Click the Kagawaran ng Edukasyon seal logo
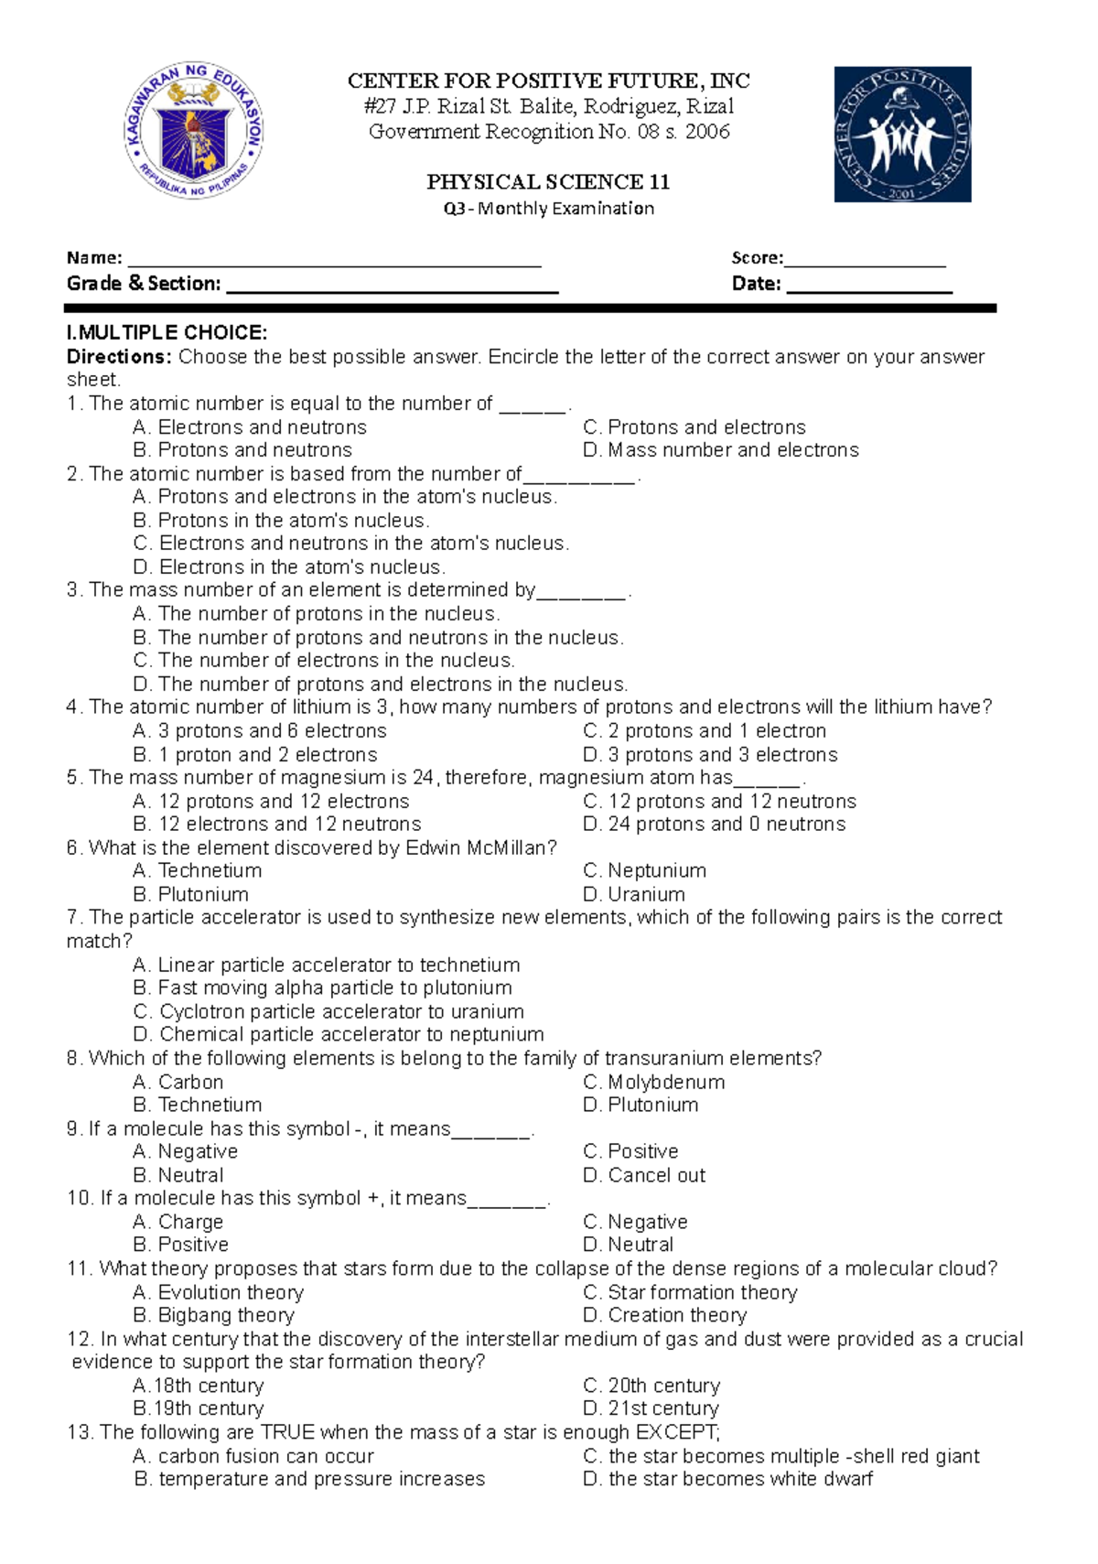194,130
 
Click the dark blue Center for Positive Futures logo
902,135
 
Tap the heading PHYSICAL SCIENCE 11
548,182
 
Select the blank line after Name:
334,259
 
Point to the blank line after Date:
869,285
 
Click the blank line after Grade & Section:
392,285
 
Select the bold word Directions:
119,357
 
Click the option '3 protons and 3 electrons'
710,755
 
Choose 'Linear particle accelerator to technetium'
327,965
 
